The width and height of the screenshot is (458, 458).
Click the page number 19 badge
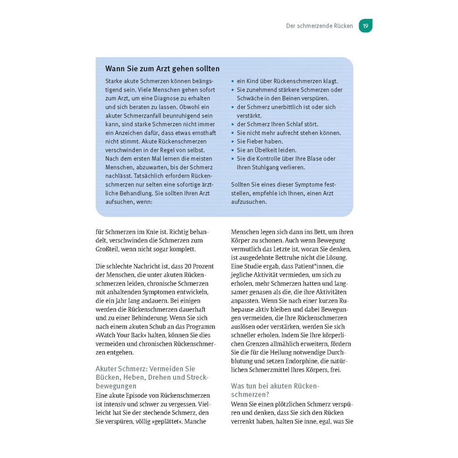(365, 26)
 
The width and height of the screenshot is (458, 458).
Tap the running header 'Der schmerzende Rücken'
(319, 26)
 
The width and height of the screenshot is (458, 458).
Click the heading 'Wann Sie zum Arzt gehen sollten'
(162, 69)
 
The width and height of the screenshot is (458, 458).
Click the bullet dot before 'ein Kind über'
(233, 81)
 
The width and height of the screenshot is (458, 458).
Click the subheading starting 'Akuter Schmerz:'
(146, 377)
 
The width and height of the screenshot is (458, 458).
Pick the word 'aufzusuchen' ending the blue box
(249, 202)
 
